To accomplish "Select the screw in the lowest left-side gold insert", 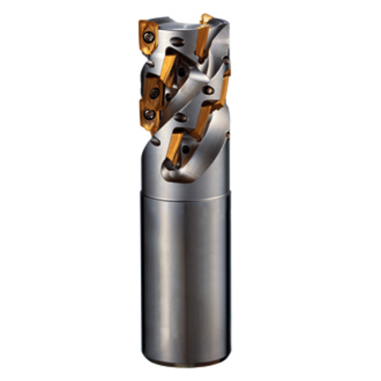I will point(150,116).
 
